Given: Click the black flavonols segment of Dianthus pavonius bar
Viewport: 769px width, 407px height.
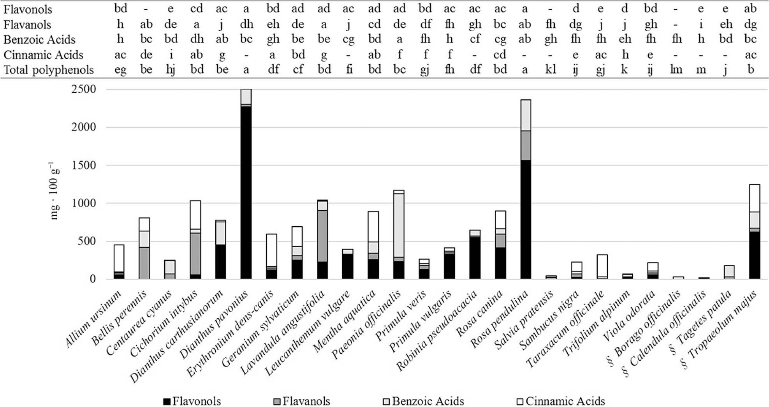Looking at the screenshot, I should [246, 191].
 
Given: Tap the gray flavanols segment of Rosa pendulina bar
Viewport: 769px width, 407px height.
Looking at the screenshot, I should [525, 145].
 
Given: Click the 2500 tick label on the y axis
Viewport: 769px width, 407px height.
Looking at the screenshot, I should [84, 89].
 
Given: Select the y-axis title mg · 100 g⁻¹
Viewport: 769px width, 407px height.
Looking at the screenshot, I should [54, 191].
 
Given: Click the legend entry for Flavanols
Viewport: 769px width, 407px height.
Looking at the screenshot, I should [302, 401].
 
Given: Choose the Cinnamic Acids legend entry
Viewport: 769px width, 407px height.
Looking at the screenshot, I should [561, 401].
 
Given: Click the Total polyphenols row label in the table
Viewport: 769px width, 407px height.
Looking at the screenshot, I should [49, 70].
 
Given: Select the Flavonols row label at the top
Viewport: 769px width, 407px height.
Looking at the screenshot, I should [28, 9].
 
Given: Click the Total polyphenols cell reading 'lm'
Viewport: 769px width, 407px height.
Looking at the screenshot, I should [676, 70].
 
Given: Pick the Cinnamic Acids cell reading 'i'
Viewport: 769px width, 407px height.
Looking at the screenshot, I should [171, 55].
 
